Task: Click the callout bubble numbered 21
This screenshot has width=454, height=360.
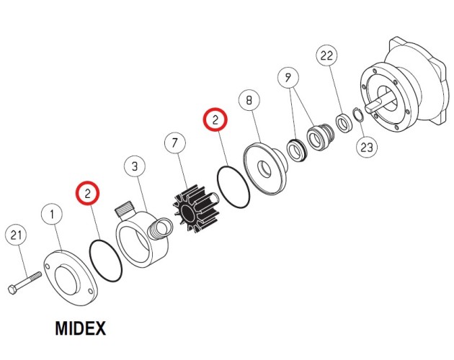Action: [16, 235]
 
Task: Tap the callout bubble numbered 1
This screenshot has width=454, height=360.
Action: [52, 215]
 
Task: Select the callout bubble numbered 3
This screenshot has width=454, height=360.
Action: [135, 166]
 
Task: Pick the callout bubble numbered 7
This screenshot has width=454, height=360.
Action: [175, 143]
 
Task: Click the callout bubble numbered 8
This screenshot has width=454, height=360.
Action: [249, 100]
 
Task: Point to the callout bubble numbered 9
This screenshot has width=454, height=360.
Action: [288, 78]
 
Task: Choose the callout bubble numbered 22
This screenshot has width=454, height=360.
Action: [326, 55]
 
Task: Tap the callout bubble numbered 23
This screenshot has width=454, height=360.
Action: [367, 147]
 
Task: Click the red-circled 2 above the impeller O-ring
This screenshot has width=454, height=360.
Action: [215, 120]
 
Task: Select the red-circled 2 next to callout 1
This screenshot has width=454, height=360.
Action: [87, 193]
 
